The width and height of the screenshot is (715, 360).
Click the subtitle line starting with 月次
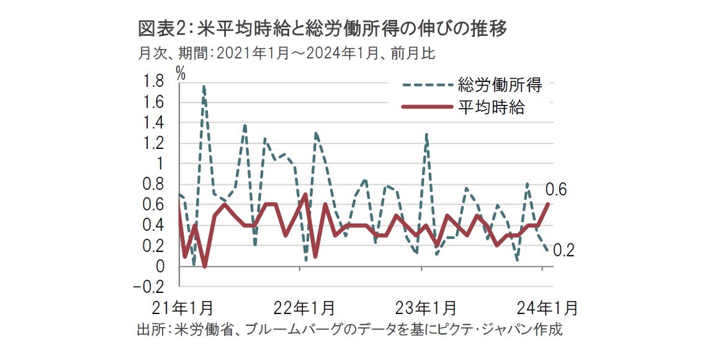coord(286,54)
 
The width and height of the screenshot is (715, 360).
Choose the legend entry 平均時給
coord(491,107)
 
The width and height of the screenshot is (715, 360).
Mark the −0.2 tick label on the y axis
coord(149,287)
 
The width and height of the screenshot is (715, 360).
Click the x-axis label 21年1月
coord(184,308)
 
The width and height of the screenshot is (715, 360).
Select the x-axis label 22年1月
coord(305,308)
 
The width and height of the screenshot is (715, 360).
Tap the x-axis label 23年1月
coord(426,308)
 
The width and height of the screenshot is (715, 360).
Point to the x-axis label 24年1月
coord(547,308)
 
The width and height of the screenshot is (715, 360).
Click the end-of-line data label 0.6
coord(556,190)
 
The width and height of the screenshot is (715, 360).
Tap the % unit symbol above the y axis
coord(181,72)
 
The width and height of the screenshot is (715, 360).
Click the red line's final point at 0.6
coord(549,204)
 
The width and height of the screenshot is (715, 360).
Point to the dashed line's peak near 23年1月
coord(426,133)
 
